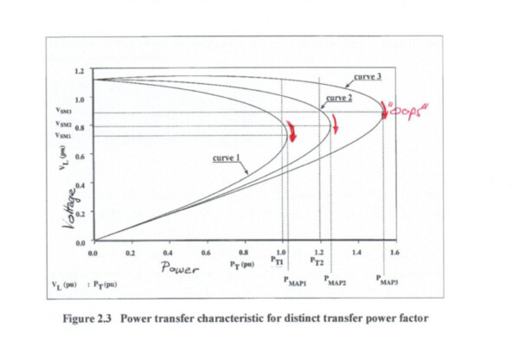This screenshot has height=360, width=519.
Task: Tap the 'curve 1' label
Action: point(226,159)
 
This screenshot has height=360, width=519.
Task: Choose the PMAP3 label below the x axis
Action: point(389,281)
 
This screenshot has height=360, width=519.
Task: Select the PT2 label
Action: point(317,260)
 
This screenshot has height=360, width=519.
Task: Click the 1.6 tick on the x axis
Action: point(394,253)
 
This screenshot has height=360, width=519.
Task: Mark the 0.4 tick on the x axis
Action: point(168,253)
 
